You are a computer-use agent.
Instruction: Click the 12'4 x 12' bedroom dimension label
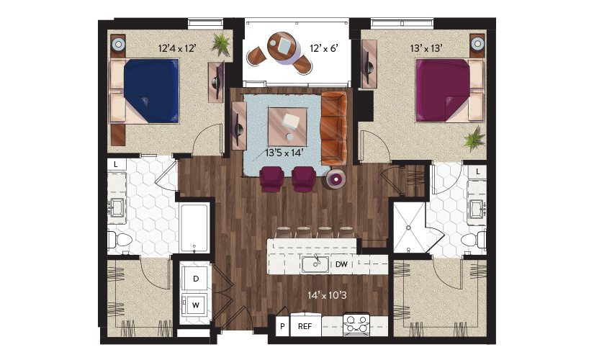[x=177, y=48]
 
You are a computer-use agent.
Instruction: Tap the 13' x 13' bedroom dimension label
[x=426, y=48]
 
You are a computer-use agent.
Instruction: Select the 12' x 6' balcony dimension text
[x=324, y=48]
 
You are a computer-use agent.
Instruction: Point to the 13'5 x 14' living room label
[x=284, y=153]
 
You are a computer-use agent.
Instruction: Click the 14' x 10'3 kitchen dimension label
[x=327, y=295]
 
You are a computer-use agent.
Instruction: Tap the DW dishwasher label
[x=341, y=264]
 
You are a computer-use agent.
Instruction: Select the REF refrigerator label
[x=305, y=326]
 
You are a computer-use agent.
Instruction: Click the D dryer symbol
[x=195, y=279]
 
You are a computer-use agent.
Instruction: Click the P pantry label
[x=282, y=326]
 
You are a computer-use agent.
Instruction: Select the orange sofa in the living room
[x=334, y=128]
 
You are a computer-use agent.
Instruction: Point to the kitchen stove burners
[x=356, y=323]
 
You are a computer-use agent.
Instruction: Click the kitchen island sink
[x=315, y=264]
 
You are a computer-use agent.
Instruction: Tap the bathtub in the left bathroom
[x=194, y=228]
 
